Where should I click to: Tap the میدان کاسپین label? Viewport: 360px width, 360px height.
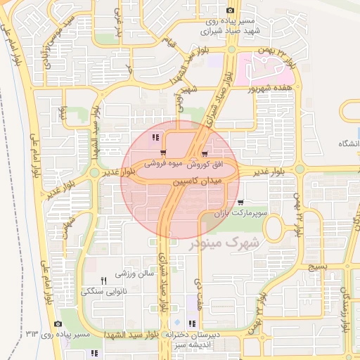(197, 181)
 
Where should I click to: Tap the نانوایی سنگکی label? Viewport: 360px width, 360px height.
(104, 290)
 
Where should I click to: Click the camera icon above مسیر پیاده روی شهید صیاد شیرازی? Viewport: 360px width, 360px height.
(230, 10)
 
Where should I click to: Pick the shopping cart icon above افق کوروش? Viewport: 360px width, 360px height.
(205, 153)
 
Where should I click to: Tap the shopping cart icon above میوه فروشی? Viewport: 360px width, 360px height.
(163, 153)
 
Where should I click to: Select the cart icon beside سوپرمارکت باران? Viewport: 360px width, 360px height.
(241, 202)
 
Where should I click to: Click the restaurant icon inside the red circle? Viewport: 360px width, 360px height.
(155, 137)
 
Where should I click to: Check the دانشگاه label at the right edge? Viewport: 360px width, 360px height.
(347, 143)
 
